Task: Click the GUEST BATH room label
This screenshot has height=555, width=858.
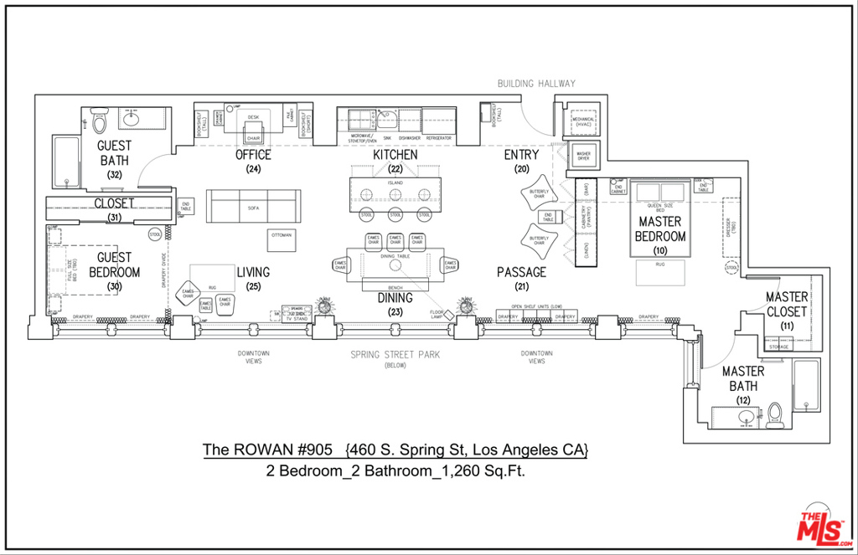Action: (114, 152)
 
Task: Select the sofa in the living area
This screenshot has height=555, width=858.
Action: (253, 204)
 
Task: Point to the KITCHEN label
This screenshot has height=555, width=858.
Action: (395, 155)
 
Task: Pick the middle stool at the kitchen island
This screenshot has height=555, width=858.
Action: (395, 215)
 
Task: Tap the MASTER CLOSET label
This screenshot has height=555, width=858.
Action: (786, 304)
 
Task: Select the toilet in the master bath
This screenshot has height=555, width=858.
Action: (775, 415)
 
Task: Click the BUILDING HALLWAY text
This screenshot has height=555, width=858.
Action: (536, 84)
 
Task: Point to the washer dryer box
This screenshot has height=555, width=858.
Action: (583, 156)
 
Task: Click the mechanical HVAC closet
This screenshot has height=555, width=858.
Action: (583, 120)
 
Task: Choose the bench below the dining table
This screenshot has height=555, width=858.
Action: (395, 286)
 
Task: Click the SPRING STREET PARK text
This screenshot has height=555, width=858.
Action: (395, 355)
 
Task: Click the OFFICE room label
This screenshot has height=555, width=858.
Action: (253, 155)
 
